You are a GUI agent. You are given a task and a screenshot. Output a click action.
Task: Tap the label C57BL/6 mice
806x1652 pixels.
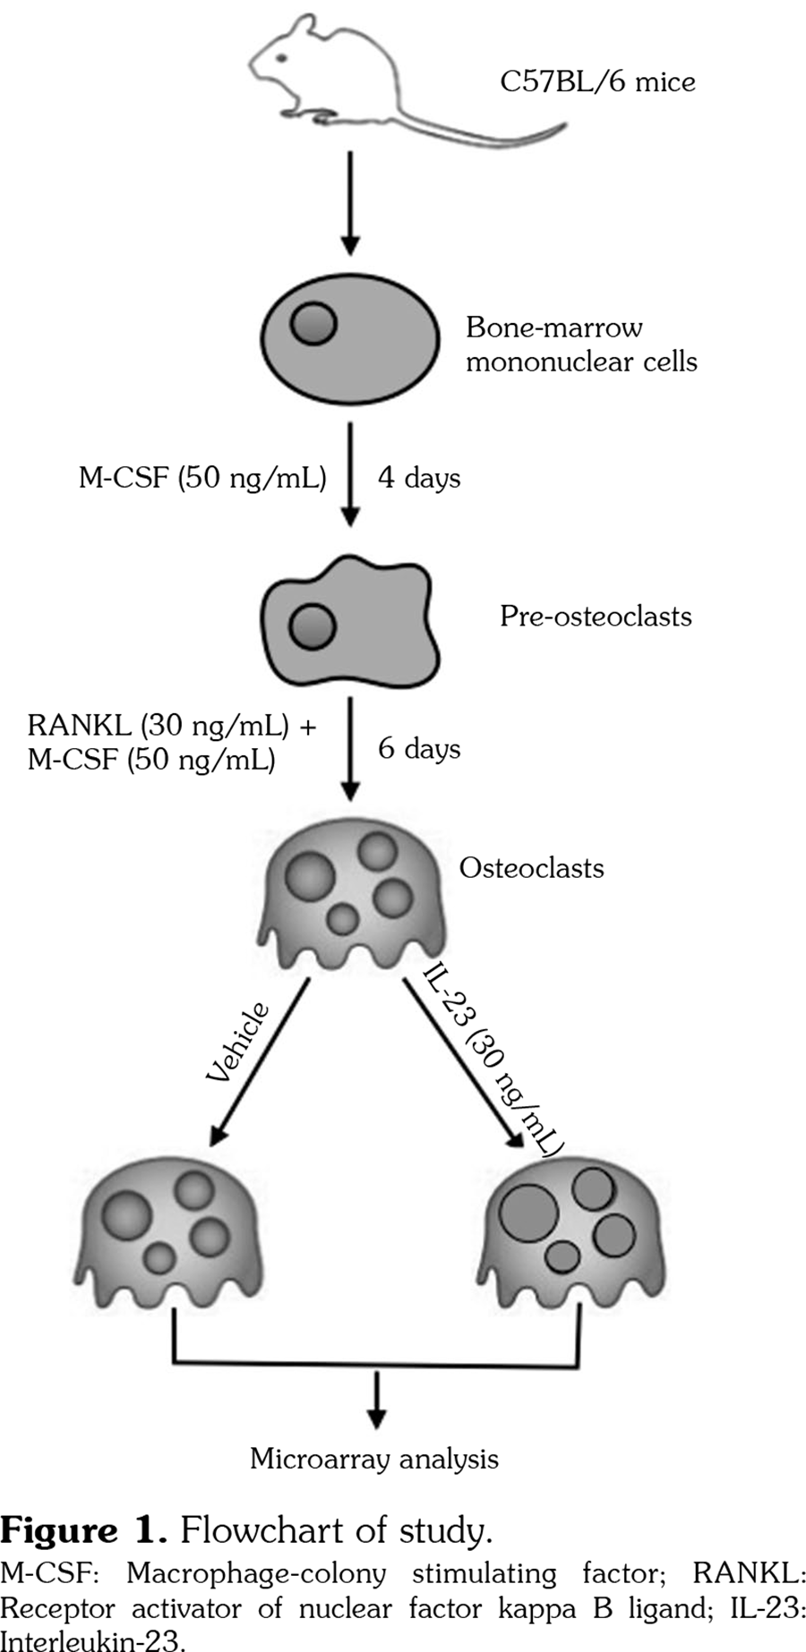click(x=597, y=82)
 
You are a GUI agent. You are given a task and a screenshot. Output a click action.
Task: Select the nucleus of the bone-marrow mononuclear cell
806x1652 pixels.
click(x=313, y=322)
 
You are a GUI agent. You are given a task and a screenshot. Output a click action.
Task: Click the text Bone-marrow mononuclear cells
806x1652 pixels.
click(x=580, y=345)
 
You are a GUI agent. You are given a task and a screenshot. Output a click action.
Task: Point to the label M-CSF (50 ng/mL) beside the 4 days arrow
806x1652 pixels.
click(x=202, y=478)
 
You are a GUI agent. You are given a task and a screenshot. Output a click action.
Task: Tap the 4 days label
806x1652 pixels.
click(x=418, y=478)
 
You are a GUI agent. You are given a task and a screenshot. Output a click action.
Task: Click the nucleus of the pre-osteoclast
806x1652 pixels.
click(x=313, y=626)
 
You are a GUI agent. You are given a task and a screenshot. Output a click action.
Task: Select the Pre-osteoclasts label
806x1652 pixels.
click(x=596, y=617)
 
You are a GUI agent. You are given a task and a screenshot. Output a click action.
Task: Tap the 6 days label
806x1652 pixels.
click(x=418, y=748)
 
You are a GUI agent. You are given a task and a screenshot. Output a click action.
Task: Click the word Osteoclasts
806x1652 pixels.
click(x=531, y=868)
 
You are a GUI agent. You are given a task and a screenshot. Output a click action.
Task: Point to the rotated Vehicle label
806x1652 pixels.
click(x=238, y=1043)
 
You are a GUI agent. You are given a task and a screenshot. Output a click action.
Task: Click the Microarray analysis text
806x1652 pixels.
click(x=374, y=1460)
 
